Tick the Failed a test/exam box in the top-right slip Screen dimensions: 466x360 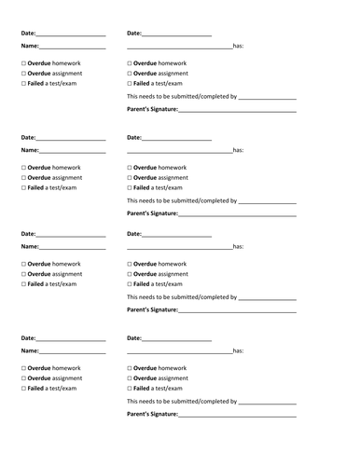[x=129, y=84]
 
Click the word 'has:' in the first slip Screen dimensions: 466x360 [x=238, y=46]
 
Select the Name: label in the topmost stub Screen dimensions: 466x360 [x=30, y=46]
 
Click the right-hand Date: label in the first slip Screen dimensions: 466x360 [x=134, y=34]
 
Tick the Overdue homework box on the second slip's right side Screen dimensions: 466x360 [x=129, y=167]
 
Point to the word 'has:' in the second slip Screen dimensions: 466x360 [x=238, y=149]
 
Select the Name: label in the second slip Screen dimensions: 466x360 [x=30, y=149]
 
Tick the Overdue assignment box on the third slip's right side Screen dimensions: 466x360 [x=129, y=274]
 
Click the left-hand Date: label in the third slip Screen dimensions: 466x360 [x=28, y=234]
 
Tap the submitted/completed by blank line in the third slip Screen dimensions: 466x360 [x=268, y=298]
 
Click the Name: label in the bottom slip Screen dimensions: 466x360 [x=30, y=350]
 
